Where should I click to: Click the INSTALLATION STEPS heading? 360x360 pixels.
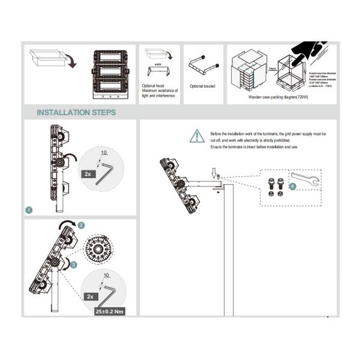[76, 112]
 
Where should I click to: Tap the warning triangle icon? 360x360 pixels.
[197, 136]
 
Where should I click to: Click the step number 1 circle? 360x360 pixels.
[29, 211]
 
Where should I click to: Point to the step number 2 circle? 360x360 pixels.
[82, 225]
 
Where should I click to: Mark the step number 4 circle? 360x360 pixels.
[292, 187]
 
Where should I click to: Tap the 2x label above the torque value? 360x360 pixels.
[89, 296]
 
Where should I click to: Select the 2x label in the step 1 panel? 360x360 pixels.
[87, 173]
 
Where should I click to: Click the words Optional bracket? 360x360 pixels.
[202, 86]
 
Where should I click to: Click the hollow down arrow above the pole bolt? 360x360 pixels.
[214, 173]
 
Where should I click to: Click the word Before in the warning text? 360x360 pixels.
[216, 133]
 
